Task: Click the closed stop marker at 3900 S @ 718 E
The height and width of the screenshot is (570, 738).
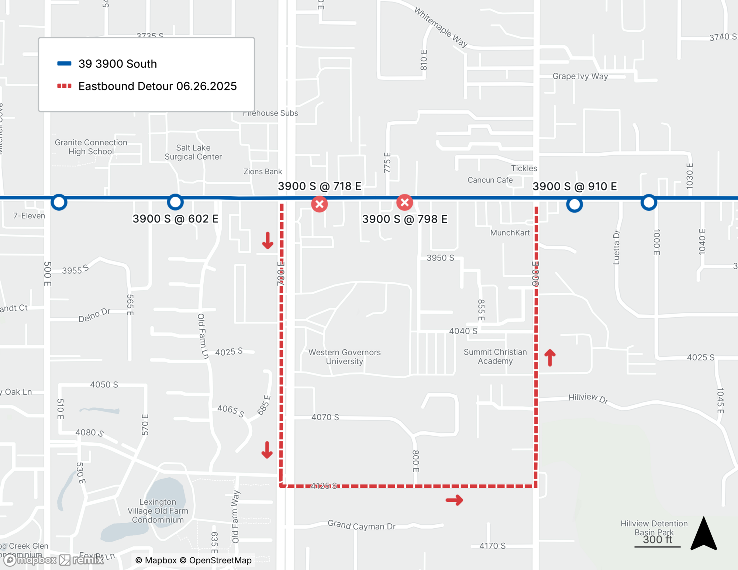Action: pos(320,204)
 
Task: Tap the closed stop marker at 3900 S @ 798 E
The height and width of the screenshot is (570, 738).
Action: pos(405,203)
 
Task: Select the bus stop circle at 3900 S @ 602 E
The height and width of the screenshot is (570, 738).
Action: pos(175,202)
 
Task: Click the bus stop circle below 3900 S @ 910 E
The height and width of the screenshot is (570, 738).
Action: pos(575,204)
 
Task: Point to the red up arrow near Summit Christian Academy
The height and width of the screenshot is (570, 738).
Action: pos(550,357)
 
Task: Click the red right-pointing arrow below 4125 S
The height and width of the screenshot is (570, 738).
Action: pos(454,500)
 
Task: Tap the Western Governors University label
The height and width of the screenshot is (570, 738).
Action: pos(344,357)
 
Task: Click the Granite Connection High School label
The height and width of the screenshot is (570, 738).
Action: pos(91,147)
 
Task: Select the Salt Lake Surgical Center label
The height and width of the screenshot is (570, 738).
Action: pos(193,152)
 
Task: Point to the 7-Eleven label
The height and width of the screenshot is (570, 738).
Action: pos(29,216)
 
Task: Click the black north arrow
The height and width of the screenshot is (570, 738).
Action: pos(704,534)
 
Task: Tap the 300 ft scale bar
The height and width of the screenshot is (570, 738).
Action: pos(658,546)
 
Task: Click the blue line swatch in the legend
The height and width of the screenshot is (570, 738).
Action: pos(64,63)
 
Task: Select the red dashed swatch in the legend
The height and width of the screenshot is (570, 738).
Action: pos(64,86)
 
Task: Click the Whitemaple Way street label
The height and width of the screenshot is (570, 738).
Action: pos(441,27)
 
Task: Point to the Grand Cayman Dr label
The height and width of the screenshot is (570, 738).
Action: pos(362,525)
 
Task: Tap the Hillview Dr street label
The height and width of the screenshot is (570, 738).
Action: pos(588,398)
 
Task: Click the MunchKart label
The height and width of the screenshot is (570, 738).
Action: pos(510,233)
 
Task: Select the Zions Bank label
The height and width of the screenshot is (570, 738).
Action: pos(262,172)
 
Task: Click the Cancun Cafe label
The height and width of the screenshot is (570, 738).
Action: pos(490,180)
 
